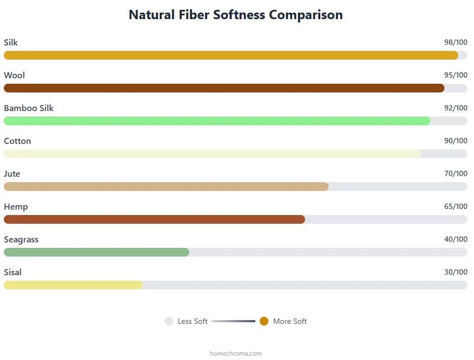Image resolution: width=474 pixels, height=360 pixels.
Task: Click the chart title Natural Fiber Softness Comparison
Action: tap(236, 15)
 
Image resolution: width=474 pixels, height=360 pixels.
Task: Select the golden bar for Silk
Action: tap(231, 55)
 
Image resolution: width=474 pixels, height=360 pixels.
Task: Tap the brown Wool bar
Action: tap(224, 88)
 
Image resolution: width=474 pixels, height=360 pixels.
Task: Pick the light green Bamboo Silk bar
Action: tap(217, 121)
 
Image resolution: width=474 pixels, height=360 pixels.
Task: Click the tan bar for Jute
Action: tap(166, 187)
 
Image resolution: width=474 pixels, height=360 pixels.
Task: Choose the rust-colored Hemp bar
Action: tap(155, 219)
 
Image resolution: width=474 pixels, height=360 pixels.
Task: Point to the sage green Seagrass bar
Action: tap(96, 252)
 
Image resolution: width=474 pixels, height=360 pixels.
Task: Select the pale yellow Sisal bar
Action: tap(73, 285)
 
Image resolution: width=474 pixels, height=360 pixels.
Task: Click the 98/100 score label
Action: tap(455, 42)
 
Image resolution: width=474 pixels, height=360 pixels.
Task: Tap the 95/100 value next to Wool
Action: tap(455, 75)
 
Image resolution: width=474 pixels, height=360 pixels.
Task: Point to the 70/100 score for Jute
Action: tap(455, 173)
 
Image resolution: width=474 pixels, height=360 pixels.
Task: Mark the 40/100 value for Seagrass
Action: tap(455, 239)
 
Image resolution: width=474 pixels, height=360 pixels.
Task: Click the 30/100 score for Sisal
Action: tap(455, 272)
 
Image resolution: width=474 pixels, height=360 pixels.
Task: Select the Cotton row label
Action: tap(17, 141)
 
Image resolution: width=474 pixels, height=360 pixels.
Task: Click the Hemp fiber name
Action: tap(16, 207)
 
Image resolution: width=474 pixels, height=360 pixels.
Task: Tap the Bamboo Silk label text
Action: tap(28, 108)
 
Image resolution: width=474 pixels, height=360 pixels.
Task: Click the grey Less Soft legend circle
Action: tap(169, 321)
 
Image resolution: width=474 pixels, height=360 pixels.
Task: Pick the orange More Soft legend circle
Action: tap(264, 321)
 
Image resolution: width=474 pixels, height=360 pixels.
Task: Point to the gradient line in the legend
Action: tap(233, 321)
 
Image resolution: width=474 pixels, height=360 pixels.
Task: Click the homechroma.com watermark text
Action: tap(236, 353)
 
